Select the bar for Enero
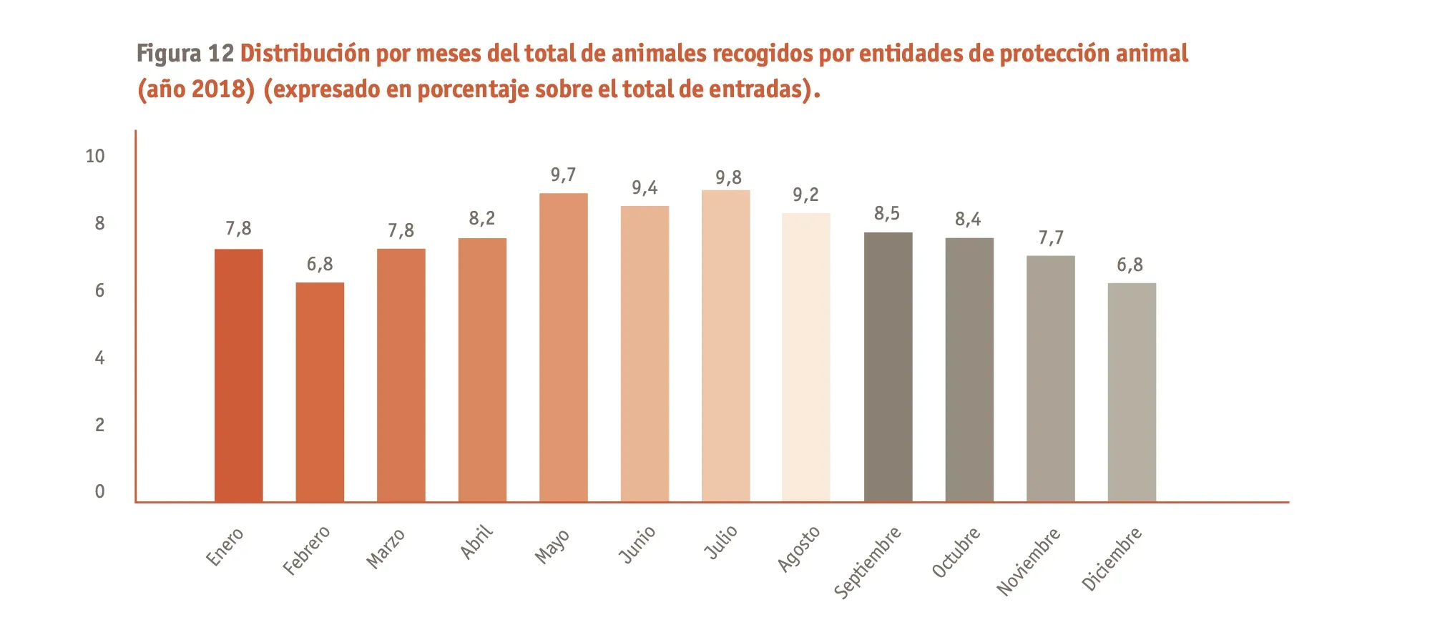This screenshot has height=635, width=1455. [x=238, y=375]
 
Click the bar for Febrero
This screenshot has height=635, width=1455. [x=320, y=392]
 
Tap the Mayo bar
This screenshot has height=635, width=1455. [x=564, y=348]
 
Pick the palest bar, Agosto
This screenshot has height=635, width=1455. [x=806, y=358]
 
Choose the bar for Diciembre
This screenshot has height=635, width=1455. [x=1132, y=392]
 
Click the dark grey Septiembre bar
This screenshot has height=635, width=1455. [x=888, y=367]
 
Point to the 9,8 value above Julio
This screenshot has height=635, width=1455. [x=728, y=177]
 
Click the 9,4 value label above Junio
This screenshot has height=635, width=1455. [x=645, y=188]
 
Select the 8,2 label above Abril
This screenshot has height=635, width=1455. [x=481, y=219]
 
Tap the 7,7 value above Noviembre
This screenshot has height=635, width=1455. [x=1051, y=237]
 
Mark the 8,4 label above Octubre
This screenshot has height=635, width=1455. [x=968, y=220]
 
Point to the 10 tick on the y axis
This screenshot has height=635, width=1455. [x=95, y=156]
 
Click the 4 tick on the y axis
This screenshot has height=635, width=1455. [x=99, y=358]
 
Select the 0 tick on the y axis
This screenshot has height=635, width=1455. [x=99, y=492]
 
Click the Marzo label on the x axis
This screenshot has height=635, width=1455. [x=386, y=549]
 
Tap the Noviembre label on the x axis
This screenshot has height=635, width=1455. [x=1029, y=561]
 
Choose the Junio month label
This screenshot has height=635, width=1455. [x=637, y=545]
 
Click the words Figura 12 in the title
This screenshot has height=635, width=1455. [x=185, y=54]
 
